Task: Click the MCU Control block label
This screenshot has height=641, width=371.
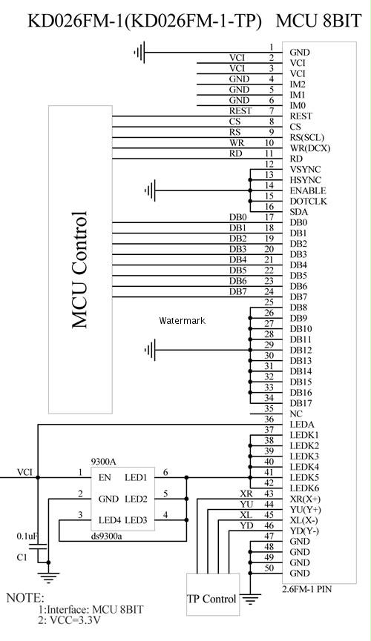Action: pos(80,270)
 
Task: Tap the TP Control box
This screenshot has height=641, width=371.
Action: pos(213,594)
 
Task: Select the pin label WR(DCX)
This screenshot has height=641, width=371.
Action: pos(310,148)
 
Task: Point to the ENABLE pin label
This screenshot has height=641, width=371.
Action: pos(308,190)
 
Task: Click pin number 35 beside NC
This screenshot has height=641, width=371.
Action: pos(269,408)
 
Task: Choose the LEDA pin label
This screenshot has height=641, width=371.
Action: pos(302,425)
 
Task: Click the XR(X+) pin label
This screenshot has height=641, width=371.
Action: pos(305,499)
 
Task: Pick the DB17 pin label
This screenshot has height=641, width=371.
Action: pos(301,403)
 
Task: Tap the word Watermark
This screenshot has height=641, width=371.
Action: pos(183,320)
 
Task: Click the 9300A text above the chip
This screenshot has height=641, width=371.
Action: pos(104,462)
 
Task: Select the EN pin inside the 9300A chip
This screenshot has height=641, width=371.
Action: pos(105,477)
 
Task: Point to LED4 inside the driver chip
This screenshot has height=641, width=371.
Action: pos(110,520)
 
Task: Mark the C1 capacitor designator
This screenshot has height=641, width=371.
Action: pos(22,557)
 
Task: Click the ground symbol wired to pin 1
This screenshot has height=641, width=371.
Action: pos(139,53)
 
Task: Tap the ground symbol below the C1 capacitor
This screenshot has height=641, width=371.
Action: pos(48,577)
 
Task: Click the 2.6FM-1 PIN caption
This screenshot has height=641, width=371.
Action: pos(307,589)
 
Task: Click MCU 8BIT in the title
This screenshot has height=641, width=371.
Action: pos(319,21)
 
